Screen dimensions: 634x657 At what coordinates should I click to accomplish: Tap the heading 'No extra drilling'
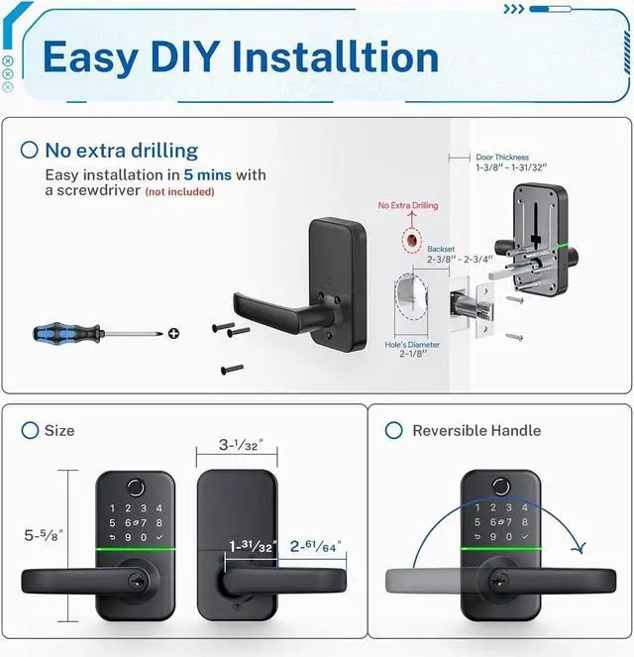tap(121, 151)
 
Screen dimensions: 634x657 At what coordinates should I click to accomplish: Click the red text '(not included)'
tap(179, 191)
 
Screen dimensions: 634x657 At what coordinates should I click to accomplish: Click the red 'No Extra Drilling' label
tap(407, 205)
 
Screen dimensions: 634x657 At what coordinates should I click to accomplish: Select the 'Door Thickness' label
tap(501, 157)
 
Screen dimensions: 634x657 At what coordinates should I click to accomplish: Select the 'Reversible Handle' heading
tap(476, 430)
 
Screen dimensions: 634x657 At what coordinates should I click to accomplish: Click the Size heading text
tap(59, 430)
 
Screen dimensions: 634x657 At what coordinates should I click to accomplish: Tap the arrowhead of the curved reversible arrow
tap(581, 547)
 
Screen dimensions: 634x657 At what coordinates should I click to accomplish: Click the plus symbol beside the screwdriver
tap(174, 334)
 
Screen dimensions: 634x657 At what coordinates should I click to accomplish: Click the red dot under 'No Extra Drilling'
tap(408, 240)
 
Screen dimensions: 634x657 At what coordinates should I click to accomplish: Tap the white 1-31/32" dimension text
tap(252, 546)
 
